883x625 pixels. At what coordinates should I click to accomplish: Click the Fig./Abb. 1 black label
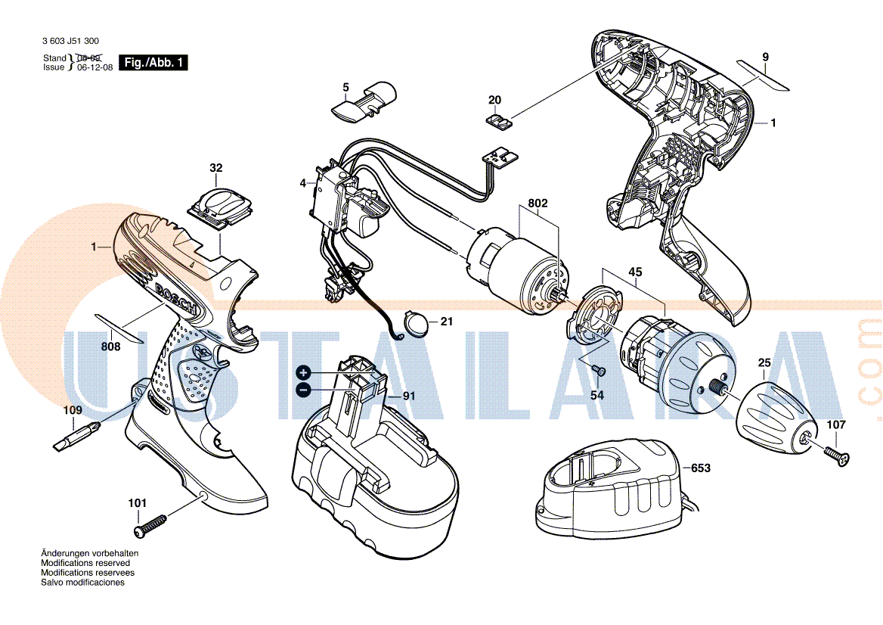tap(153, 63)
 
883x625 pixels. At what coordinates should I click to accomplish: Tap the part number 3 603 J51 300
tap(70, 41)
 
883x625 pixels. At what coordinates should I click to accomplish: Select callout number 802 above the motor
tap(538, 203)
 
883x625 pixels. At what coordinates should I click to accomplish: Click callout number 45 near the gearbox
tap(635, 272)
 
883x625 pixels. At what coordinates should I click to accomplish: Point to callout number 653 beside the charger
tap(701, 468)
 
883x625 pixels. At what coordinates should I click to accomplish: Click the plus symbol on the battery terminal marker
tap(304, 372)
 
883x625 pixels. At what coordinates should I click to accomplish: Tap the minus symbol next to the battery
tap(304, 389)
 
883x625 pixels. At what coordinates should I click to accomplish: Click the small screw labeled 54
tap(598, 370)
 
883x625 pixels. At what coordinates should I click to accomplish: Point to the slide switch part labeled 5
tap(363, 102)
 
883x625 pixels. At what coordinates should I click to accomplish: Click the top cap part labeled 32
tap(221, 208)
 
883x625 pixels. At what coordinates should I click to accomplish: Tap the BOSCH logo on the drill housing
tap(175, 297)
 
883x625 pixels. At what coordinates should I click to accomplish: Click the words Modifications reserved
tap(85, 563)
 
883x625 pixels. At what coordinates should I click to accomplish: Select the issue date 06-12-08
tap(94, 67)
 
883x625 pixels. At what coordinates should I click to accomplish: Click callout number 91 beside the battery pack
tap(409, 396)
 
